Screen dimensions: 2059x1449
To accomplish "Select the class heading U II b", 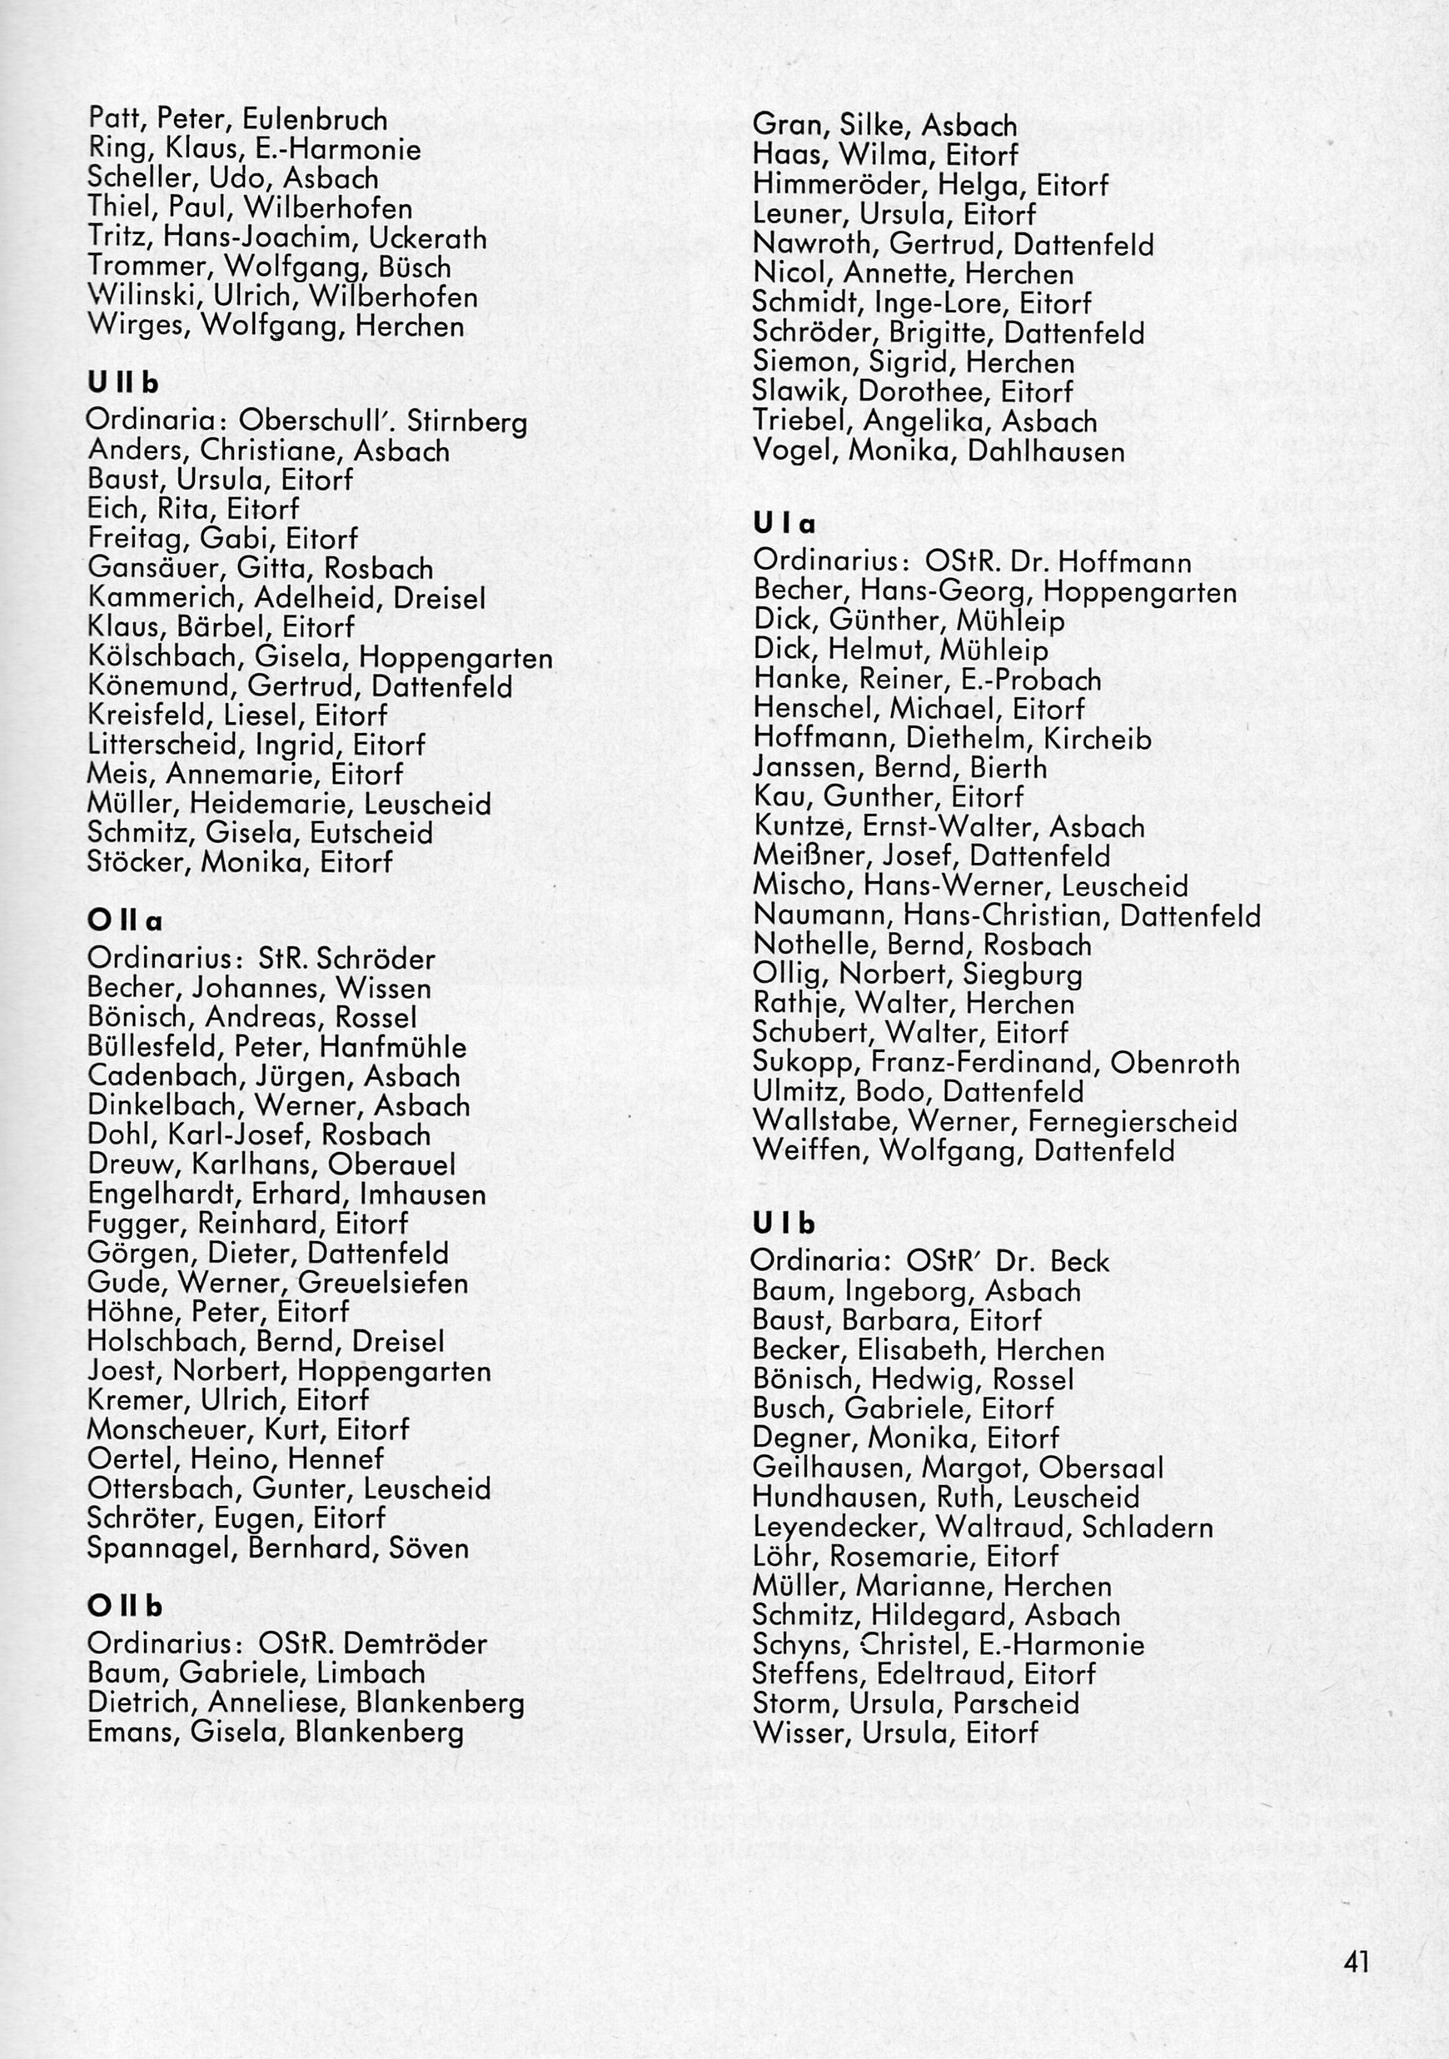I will point(123,383).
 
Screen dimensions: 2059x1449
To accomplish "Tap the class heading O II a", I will point(125,921).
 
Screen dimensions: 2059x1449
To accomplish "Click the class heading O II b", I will point(125,1606).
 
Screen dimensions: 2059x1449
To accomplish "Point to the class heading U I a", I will point(784,523).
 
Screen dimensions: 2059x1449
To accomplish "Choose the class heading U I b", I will point(784,1224).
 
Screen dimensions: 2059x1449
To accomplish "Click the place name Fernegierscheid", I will point(1133,1122).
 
